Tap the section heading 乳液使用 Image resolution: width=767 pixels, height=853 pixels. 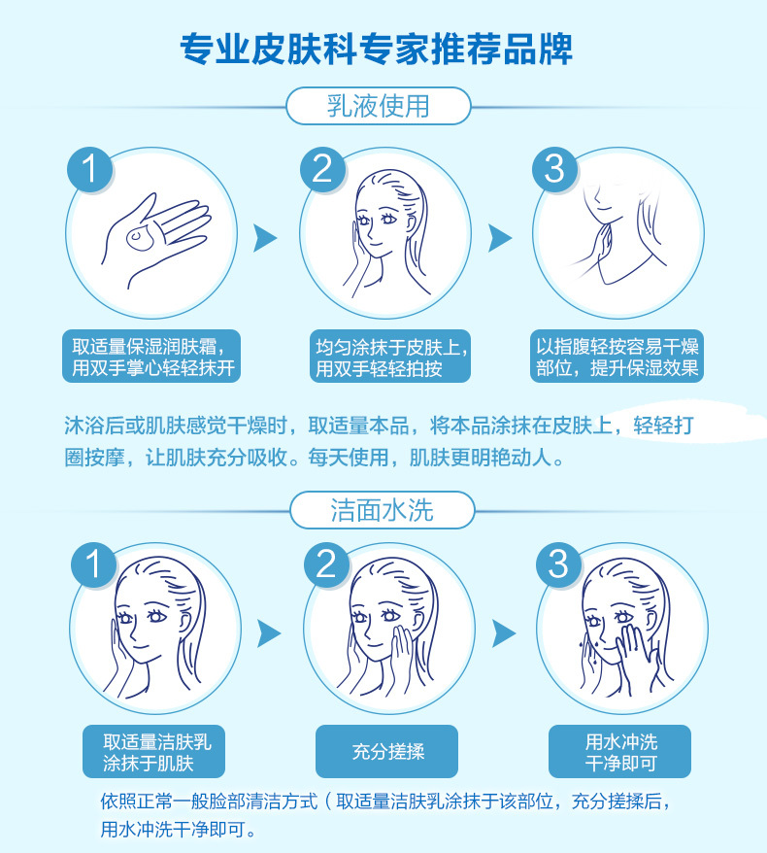[x=379, y=106]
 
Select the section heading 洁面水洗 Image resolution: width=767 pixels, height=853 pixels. [x=383, y=510]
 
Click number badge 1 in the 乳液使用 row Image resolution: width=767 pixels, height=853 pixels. [x=89, y=169]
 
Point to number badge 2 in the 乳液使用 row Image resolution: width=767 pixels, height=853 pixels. [x=323, y=169]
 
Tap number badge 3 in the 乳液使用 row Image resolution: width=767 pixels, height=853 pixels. [x=554, y=169]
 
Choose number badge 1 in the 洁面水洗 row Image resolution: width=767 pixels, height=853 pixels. [x=93, y=564]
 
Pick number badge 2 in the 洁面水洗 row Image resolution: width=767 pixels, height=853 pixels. [x=326, y=564]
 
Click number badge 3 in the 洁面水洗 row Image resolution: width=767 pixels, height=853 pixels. [x=559, y=564]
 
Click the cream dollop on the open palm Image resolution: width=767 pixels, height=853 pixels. [x=140, y=238]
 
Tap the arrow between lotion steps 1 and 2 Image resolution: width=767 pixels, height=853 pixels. [x=265, y=238]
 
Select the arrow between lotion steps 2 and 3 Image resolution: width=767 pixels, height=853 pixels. [x=500, y=238]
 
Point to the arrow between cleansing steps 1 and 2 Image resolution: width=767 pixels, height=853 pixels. [x=269, y=633]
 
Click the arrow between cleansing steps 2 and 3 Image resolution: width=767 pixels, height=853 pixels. [x=504, y=633]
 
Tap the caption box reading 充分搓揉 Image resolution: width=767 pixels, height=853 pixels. [x=387, y=751]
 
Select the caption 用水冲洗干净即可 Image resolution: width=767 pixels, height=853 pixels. [x=619, y=751]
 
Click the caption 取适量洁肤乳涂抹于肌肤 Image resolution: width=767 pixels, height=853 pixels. [x=153, y=751]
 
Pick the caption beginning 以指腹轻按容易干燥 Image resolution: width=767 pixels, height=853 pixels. [x=617, y=357]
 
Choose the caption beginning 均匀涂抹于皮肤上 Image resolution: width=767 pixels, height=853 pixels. [x=390, y=357]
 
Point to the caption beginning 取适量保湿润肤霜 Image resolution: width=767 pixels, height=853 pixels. [x=151, y=357]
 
